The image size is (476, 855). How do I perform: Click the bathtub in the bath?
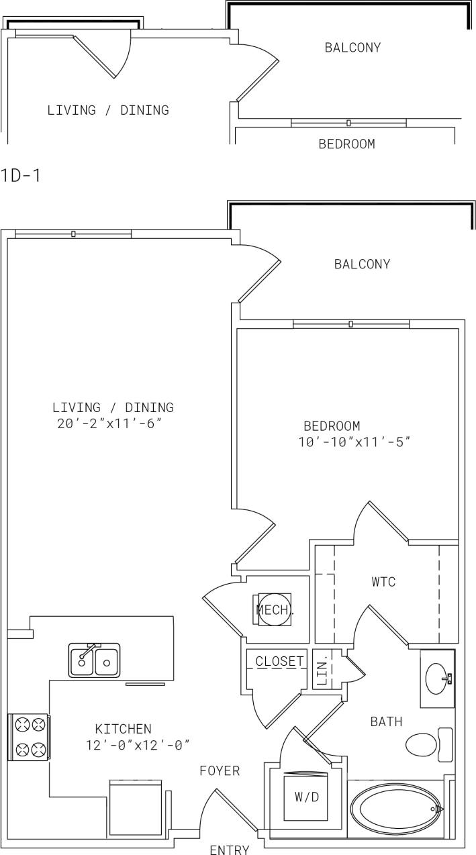[x=397, y=809]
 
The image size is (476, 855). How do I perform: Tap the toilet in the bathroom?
[x=428, y=744]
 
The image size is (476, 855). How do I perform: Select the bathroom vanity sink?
[x=437, y=678]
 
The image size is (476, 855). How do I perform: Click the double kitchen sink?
[x=94, y=660]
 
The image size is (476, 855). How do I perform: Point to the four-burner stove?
[x=28, y=736]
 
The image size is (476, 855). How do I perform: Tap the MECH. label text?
[x=275, y=610]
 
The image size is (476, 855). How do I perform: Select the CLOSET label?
[x=279, y=661]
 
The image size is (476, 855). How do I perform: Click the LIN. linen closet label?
[x=321, y=669]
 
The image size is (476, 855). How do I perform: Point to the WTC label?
[x=383, y=582]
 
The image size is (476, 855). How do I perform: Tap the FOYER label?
[x=220, y=771]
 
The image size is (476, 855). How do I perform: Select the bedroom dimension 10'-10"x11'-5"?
[x=354, y=442]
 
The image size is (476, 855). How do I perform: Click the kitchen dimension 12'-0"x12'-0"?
[x=138, y=745]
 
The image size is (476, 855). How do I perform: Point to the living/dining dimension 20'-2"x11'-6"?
[x=110, y=423]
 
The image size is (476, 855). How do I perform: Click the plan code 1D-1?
[x=20, y=177]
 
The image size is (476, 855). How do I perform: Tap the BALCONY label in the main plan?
[x=362, y=264]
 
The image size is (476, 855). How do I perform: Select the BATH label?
[x=387, y=722]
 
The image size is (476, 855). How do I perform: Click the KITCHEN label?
[x=123, y=728]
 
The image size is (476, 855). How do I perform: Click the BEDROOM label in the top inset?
[x=346, y=144]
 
